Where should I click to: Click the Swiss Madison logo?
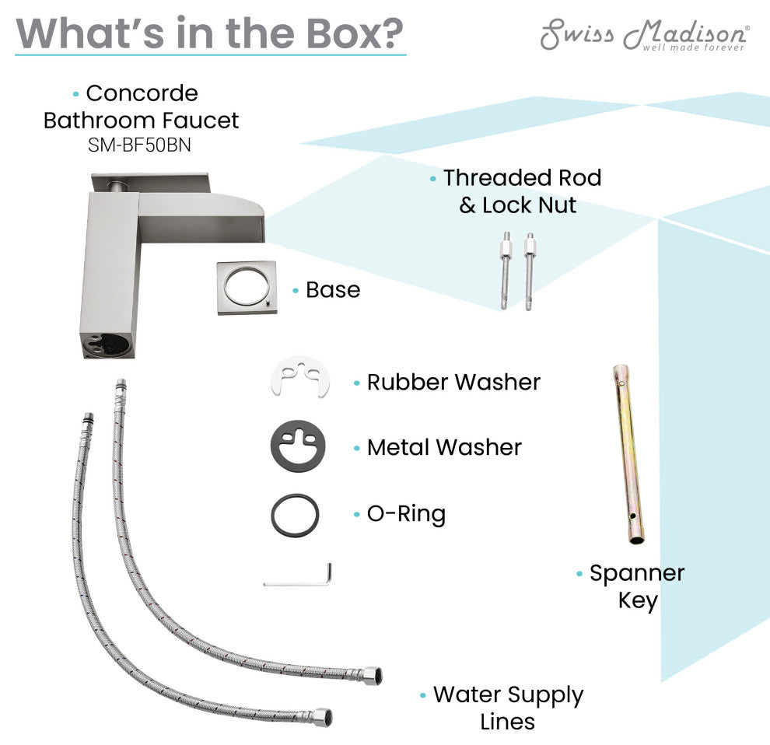point(645,34)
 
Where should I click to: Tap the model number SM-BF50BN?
point(139,145)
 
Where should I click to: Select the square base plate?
point(247,287)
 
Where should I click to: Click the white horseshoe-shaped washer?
point(299,376)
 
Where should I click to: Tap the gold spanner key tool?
point(628,454)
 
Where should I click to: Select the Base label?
point(333,290)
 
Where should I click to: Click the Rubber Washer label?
point(453,382)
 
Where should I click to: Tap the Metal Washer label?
point(444,447)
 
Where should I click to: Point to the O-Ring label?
point(407,514)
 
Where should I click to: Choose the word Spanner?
point(637,574)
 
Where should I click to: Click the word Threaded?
point(492,178)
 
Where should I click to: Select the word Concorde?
point(142,93)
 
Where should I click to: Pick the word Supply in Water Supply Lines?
point(545,696)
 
